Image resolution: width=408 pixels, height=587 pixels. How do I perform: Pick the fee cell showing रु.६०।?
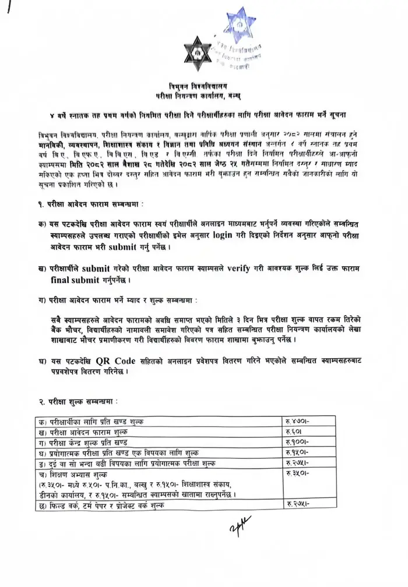[294, 432]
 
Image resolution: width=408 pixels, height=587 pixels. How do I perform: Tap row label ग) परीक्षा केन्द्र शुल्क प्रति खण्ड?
[87, 443]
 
